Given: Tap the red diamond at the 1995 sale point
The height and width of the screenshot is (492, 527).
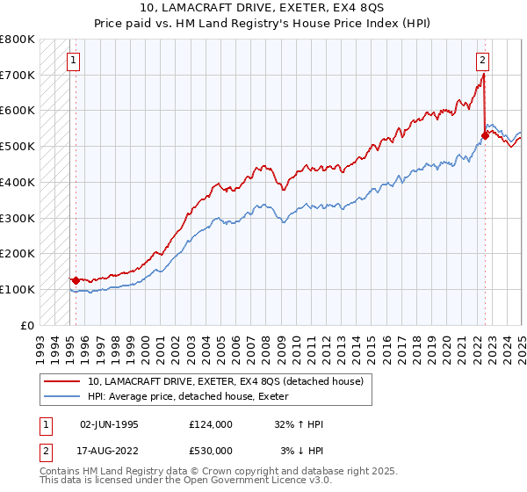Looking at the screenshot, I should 76,280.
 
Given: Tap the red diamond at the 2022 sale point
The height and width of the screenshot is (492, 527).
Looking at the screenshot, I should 484,135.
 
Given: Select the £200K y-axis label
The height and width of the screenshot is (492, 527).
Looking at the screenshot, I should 18,253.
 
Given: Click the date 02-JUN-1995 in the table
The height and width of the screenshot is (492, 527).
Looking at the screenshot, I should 109,424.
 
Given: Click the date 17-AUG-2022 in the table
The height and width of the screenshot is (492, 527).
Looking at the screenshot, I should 109,450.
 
